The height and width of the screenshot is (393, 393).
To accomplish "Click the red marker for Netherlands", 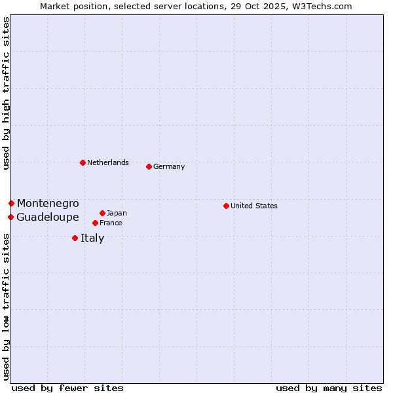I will pos(83,162).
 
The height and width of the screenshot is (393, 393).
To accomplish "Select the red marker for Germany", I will pos(149,166).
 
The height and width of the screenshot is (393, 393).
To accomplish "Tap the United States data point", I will pos(226,206).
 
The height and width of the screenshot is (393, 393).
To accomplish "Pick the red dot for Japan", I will pos(102,213).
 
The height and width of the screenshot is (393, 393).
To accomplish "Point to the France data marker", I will pos(95,223).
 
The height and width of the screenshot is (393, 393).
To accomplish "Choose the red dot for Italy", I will pos(75,238).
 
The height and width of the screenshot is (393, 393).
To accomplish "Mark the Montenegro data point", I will pos(11,203).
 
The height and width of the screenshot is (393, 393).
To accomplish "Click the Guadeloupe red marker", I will pos(10,217).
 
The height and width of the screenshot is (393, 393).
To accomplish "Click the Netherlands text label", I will pos(107,162).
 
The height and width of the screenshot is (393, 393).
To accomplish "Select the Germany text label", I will pos(169,166).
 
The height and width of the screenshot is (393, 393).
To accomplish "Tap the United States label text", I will pos(253,206).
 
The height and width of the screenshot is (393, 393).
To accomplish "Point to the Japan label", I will pos(117,213).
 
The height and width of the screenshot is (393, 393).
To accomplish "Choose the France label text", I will pos(111,223).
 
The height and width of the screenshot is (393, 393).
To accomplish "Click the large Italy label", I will pos(92,238).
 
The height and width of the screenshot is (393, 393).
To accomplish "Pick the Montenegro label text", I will pos(48,203).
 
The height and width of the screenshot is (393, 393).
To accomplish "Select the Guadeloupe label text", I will pos(48,217).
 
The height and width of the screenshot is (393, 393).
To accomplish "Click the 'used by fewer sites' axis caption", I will pos(67,388).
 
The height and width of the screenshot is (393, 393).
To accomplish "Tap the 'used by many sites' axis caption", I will pos(329,388).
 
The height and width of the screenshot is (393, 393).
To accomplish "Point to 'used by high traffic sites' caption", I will pos(6,93).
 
